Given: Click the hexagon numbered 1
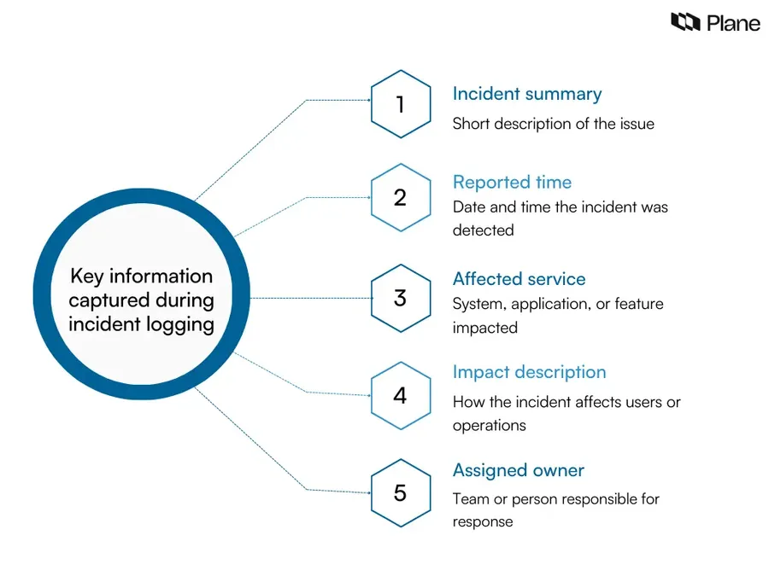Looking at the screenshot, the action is coord(401,104).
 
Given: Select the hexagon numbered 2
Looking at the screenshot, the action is coord(401,197).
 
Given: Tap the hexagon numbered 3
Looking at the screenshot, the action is coord(401,299).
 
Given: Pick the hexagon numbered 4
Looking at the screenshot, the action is coord(401,396).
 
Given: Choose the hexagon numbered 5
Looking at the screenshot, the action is coord(401,492).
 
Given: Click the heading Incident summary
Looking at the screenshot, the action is coord(526,94).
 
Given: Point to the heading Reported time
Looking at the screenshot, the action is coord(512,183).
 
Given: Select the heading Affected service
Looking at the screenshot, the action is coord(519,279).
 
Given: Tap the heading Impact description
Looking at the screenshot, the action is coord(529,373).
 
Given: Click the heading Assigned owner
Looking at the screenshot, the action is coord(519,471).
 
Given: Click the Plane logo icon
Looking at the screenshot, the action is coord(685,22).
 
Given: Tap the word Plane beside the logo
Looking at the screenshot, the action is coord(733,23).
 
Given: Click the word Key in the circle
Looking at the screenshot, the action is coord(87,276).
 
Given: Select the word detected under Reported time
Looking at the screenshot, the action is coord(483,230).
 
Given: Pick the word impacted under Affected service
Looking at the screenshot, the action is coord(485,328).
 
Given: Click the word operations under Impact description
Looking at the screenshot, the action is coord(489,426).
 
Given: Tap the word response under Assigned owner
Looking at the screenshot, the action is coord(483,522).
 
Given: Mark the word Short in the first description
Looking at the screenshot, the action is coord(471,124).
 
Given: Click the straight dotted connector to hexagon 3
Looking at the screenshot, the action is coord(311,298).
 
